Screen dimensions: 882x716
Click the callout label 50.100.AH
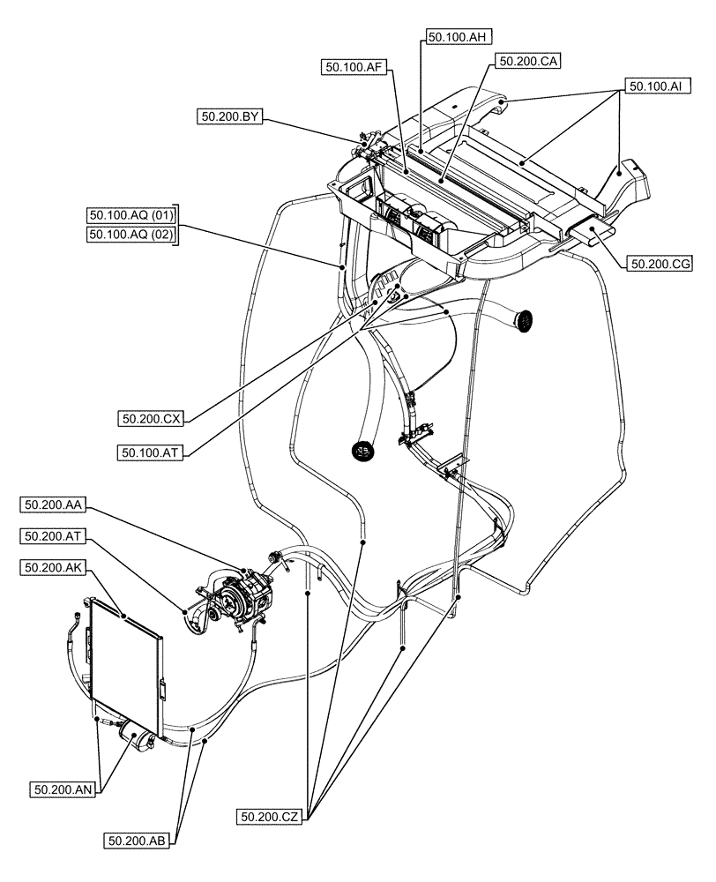tap(458, 37)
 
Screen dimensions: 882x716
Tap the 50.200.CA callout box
tap(528, 61)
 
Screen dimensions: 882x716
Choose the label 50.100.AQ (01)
tap(132, 214)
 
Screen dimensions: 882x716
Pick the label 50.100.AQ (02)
tap(132, 234)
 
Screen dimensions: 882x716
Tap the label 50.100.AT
tap(148, 452)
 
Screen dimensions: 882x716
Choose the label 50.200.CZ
tap(270, 818)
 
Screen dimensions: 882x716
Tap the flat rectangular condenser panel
tap(125, 663)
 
